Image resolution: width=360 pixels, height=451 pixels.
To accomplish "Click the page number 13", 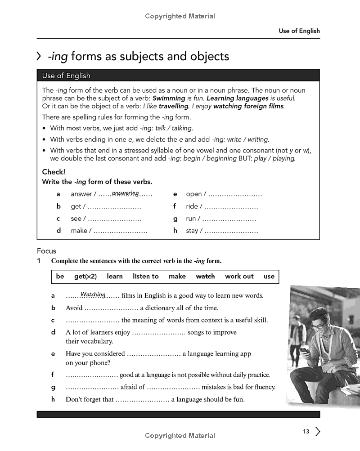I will (306, 432).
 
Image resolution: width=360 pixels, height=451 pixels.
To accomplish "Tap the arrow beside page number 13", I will (318, 432).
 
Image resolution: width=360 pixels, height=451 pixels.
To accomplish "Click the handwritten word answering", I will (125, 193).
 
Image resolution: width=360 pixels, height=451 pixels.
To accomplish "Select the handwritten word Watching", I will (93, 295).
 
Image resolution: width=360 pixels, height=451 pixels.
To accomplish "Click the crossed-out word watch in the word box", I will (205, 277).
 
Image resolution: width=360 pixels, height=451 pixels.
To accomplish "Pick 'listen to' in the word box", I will (146, 277).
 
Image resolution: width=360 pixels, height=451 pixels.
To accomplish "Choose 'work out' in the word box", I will (239, 277).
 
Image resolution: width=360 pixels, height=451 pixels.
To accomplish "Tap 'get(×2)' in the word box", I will (85, 277).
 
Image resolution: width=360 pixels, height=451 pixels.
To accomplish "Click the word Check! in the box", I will (54, 172).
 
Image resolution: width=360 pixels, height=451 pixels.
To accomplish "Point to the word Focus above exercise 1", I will (46, 251).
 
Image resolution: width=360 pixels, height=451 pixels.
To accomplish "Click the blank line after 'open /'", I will (235, 195).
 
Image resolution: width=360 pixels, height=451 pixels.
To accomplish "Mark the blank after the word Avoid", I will (111, 308).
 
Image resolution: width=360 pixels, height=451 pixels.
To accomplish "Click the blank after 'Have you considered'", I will (153, 354).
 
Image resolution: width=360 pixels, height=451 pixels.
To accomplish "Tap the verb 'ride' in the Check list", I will (192, 206).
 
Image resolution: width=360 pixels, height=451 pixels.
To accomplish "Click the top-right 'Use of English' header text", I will (299, 31).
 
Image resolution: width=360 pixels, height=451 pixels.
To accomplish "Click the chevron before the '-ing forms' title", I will (39, 57).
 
